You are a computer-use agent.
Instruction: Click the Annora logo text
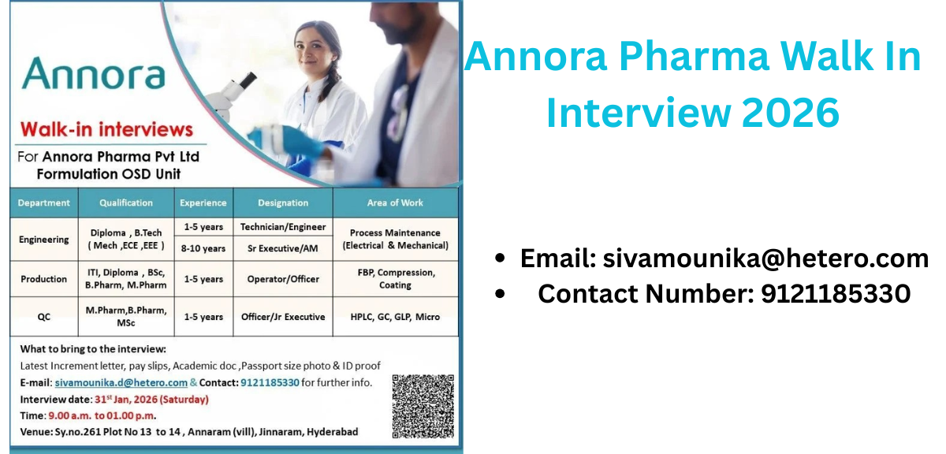coord(93,74)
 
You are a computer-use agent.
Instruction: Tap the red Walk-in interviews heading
coord(106,129)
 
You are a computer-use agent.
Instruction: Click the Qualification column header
coord(126,203)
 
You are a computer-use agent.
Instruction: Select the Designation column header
coord(283,203)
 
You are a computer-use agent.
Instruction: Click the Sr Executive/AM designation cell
coord(283,248)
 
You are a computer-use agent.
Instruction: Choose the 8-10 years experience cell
coord(203,248)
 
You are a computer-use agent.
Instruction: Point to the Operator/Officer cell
coord(283,279)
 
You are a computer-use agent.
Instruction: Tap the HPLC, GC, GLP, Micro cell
coord(395,317)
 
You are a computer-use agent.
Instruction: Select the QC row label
coord(44,317)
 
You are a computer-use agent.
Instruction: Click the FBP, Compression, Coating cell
coord(395,279)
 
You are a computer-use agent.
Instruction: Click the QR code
coord(423,406)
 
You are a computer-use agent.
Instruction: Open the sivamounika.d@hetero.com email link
coord(121,382)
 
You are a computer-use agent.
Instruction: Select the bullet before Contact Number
coord(500,294)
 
